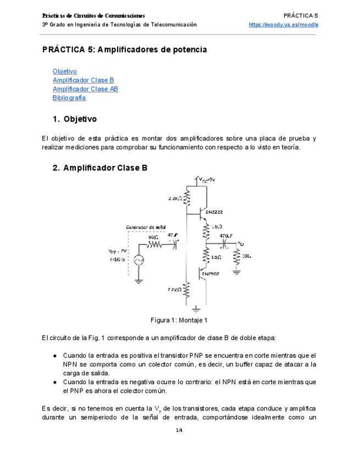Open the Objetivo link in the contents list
[x=64, y=71]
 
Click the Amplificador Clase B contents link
[x=83, y=80]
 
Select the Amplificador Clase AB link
[x=85, y=89]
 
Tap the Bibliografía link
[x=69, y=98]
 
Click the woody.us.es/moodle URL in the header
[x=283, y=25]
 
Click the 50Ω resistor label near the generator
[x=153, y=237]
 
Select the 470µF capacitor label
[x=225, y=236]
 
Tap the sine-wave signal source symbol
[x=138, y=260]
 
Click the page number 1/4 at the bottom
[x=179, y=430]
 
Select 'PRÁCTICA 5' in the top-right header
[x=301, y=15]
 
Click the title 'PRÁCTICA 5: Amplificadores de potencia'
[x=125, y=49]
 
